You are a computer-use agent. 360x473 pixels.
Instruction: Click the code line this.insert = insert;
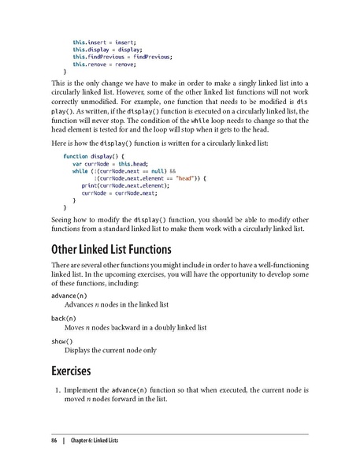104,41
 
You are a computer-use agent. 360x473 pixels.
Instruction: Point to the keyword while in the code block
80,170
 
